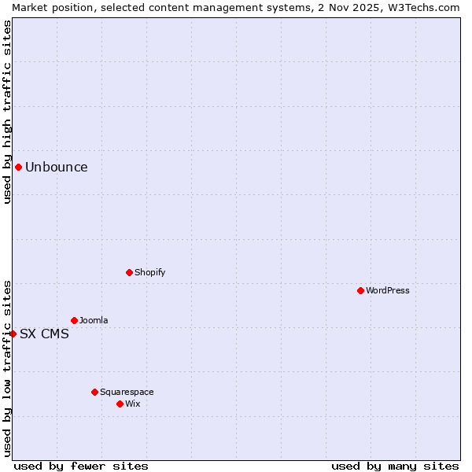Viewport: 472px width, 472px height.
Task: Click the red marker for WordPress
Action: coord(360,290)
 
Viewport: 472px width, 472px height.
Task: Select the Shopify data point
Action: coord(129,272)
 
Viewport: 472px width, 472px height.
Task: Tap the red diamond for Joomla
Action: coord(74,320)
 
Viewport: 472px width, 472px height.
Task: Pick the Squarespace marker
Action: coord(94,392)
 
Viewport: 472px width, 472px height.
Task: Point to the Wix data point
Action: coord(120,404)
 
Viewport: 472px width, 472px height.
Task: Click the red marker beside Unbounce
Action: coord(18,167)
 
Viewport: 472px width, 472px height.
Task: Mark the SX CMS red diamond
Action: coord(13,334)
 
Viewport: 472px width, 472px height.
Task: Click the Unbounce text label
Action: coord(57,167)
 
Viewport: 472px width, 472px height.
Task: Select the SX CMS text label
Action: coord(44,334)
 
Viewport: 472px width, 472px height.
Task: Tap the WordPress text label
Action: coord(388,290)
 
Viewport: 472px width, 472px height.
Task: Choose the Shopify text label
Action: coord(149,272)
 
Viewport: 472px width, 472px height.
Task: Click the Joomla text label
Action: coord(94,320)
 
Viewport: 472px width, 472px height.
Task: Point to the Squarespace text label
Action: coord(127,392)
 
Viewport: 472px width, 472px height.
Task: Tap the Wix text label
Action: coord(133,404)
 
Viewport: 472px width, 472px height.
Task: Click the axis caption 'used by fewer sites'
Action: coord(81,466)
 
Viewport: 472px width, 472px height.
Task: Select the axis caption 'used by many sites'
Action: coord(395,466)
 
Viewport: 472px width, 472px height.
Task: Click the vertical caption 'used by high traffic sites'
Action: coord(7,112)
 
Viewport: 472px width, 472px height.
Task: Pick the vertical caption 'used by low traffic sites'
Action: coord(7,367)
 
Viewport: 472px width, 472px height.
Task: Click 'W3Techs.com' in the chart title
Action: coord(425,7)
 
